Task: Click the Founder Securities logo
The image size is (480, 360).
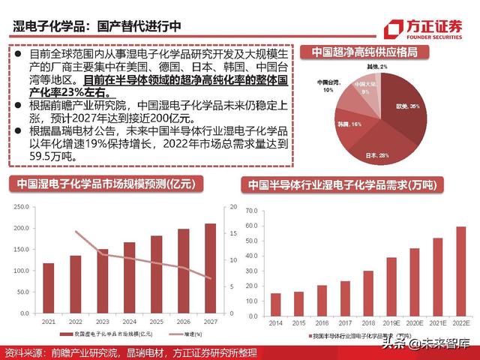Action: point(423,29)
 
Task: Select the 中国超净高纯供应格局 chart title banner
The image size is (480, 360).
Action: point(364,52)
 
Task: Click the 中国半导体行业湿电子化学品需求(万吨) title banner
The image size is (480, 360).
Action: point(342,185)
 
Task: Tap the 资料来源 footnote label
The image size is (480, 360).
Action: point(23,352)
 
